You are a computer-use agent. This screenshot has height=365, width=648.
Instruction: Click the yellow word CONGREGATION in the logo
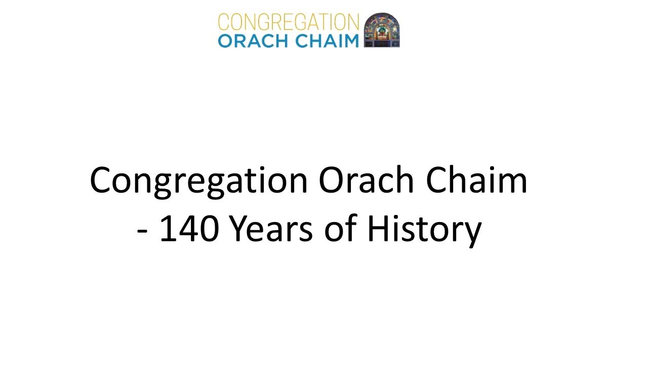288,22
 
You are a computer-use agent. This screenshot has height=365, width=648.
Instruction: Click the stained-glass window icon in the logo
382,30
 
